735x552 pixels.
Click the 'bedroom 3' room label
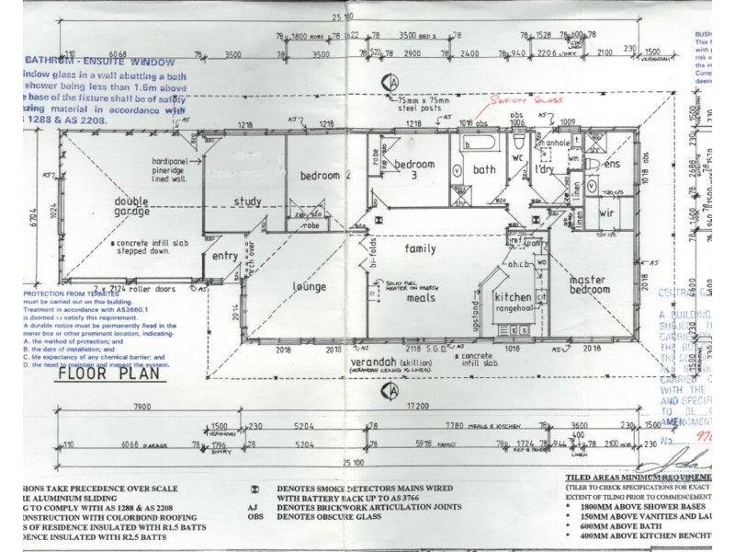pyautogui.click(x=413, y=169)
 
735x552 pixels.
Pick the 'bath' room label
pyautogui.click(x=483, y=169)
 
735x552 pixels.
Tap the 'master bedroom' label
pyautogui.click(x=589, y=284)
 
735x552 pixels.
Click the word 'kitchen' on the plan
pyautogui.click(x=512, y=297)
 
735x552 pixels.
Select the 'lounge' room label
pyautogui.click(x=309, y=287)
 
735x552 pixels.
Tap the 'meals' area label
pyautogui.click(x=422, y=297)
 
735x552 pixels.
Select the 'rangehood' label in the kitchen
pyautogui.click(x=514, y=309)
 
